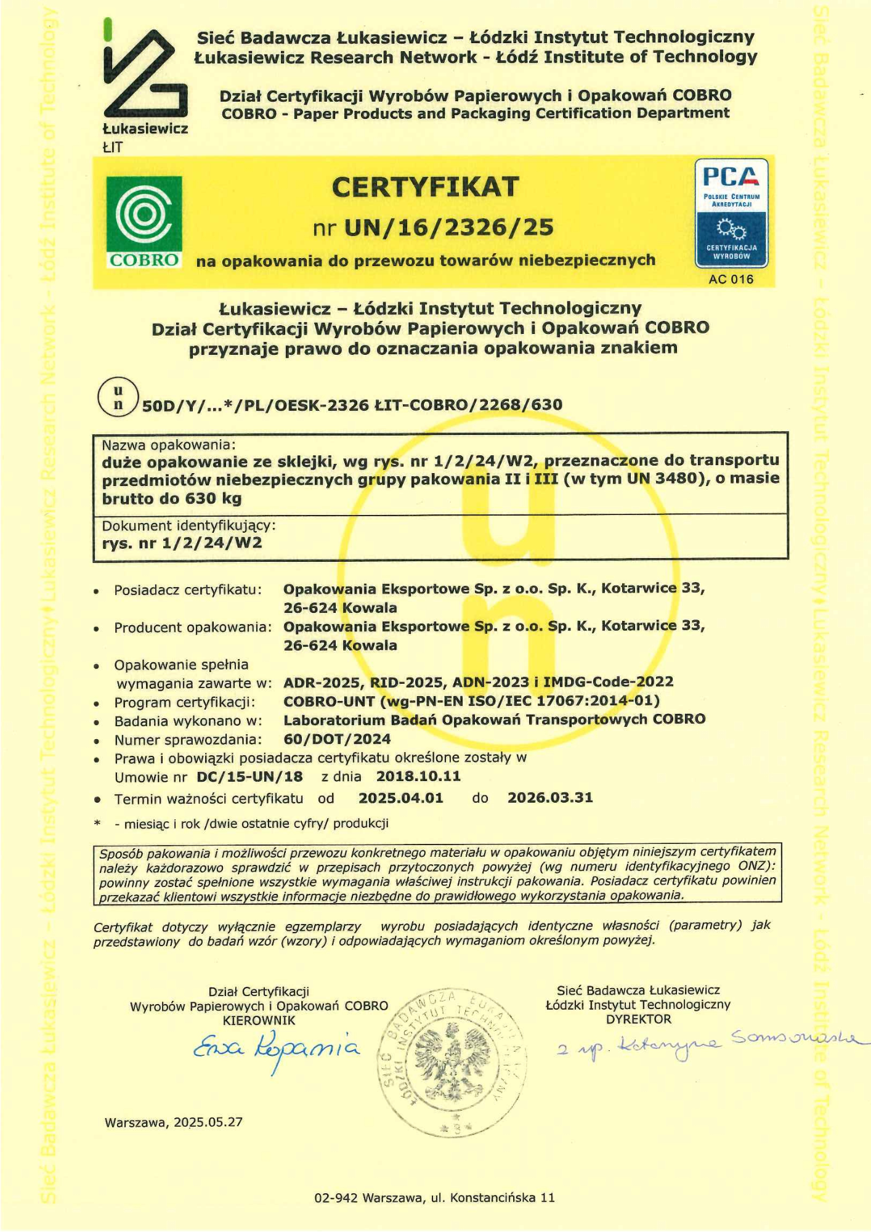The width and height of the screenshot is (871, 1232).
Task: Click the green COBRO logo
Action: pyautogui.click(x=144, y=222)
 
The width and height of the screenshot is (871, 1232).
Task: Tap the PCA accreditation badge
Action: pyautogui.click(x=731, y=213)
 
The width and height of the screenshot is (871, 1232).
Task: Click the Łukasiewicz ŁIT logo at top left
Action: pyautogui.click(x=145, y=86)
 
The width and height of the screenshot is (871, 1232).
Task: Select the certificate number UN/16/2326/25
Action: pyautogui.click(x=448, y=228)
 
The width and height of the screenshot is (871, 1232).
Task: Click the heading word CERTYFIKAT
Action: pyautogui.click(x=425, y=187)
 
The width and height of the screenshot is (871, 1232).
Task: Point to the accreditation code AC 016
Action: pyautogui.click(x=731, y=279)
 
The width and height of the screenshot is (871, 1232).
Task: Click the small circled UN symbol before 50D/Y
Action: pyautogui.click(x=118, y=398)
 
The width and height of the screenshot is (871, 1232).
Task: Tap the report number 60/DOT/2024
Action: pyautogui.click(x=337, y=739)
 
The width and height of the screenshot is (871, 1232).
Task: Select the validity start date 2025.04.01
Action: pyautogui.click(x=400, y=798)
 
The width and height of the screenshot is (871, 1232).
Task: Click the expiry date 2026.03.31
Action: pyautogui.click(x=550, y=798)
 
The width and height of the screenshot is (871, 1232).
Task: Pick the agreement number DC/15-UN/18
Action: pyautogui.click(x=249, y=777)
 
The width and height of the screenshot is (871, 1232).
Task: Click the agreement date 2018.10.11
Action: pyautogui.click(x=418, y=776)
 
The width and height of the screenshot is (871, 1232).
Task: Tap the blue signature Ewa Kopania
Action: pyautogui.click(x=276, y=1048)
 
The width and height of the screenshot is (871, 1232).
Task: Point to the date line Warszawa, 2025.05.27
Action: pyautogui.click(x=174, y=1122)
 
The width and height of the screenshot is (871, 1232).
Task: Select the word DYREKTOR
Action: pyautogui.click(x=638, y=1019)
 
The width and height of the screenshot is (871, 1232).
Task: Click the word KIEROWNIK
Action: pyautogui.click(x=259, y=1020)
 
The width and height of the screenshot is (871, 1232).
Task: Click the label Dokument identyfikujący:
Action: pyautogui.click(x=188, y=526)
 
